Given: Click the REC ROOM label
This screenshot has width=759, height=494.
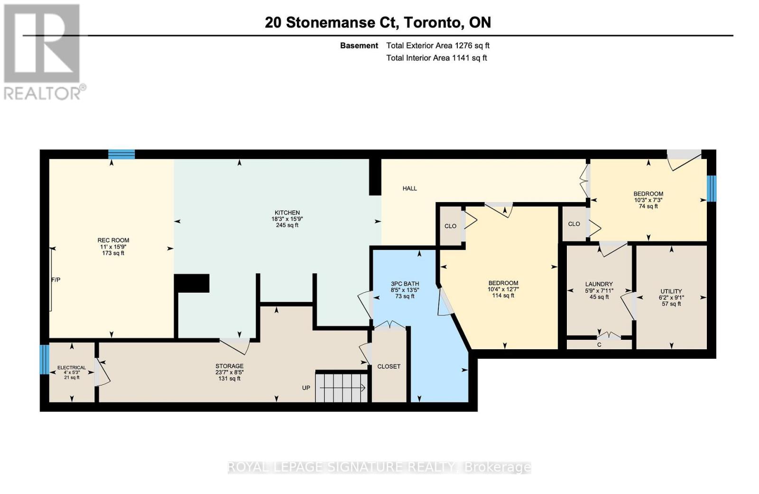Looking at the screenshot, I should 113,240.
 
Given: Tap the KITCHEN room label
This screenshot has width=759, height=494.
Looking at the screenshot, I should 287,213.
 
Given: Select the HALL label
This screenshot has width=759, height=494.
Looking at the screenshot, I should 409,188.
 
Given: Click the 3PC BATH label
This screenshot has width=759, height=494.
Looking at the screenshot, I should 405,284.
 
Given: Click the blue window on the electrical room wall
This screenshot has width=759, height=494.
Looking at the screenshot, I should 44,359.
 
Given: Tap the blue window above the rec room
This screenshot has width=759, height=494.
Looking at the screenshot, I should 121,154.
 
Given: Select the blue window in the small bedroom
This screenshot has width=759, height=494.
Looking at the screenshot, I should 711,188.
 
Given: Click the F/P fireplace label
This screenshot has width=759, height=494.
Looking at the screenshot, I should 56,280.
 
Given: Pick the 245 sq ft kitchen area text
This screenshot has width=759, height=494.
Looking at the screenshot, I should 287,225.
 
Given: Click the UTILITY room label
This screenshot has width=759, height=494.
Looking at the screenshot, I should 671,291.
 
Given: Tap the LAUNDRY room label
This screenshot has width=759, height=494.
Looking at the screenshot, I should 599,284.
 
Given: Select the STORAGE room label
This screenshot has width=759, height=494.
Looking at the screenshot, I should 229,366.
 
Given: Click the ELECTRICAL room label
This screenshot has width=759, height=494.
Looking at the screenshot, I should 72,367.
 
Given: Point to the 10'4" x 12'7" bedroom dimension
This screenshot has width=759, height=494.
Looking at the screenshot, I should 503,289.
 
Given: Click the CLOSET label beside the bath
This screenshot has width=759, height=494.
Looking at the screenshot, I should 389,366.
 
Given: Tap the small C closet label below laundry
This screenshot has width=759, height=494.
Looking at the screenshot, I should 599,345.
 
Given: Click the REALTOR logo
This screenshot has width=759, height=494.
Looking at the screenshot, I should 44,52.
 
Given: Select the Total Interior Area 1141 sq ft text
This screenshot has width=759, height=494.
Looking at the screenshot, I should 436,58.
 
